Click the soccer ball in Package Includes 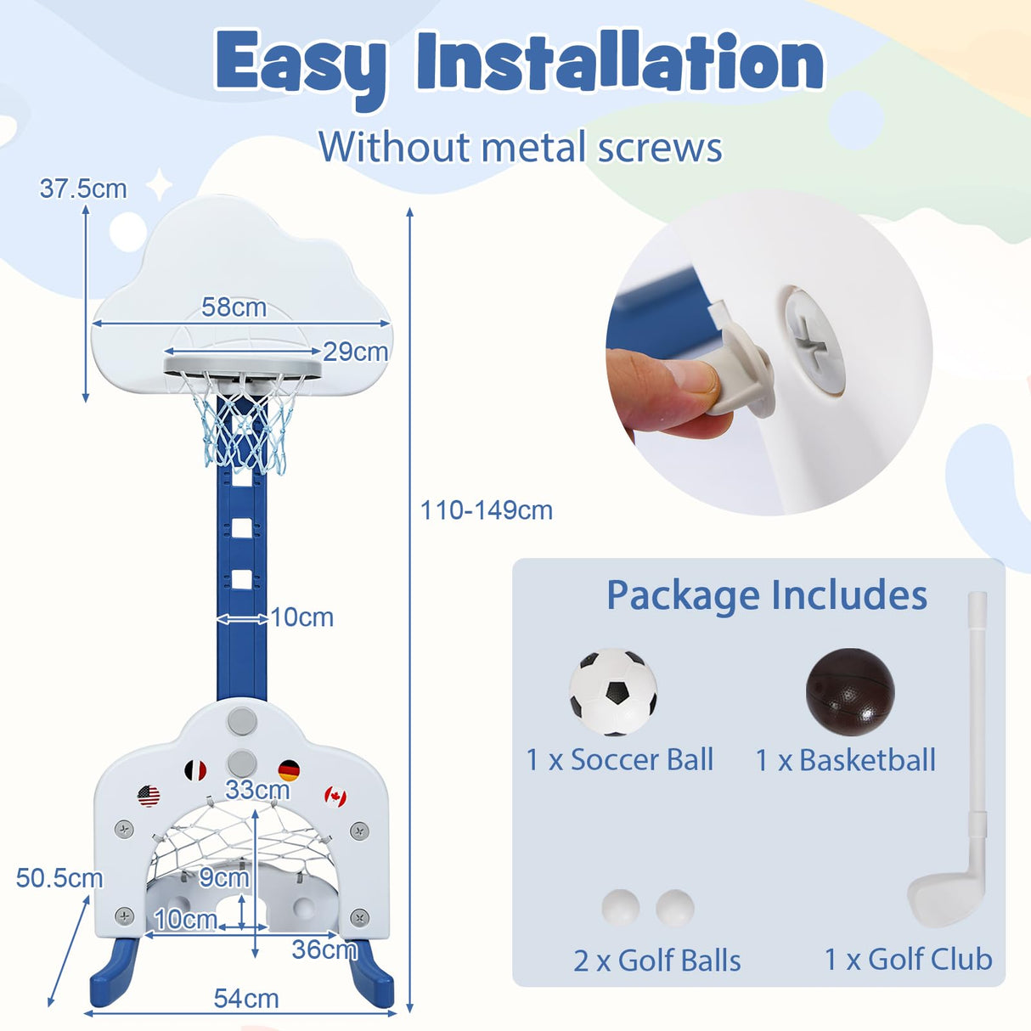pyautogui.click(x=613, y=692)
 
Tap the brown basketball pyautogui.click(x=849, y=692)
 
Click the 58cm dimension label pyautogui.click(x=234, y=307)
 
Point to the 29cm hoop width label pyautogui.click(x=355, y=351)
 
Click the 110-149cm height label pyautogui.click(x=486, y=510)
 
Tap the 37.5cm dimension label pyautogui.click(x=83, y=189)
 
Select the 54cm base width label pyautogui.click(x=246, y=998)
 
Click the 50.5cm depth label pyautogui.click(x=59, y=877)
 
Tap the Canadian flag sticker pyautogui.click(x=335, y=797)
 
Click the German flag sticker pyautogui.click(x=289, y=770)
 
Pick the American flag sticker pyautogui.click(x=149, y=796)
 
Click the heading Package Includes pyautogui.click(x=766, y=594)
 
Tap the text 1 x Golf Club pyautogui.click(x=908, y=959)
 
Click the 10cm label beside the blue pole pyautogui.click(x=302, y=617)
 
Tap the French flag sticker pyautogui.click(x=195, y=770)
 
